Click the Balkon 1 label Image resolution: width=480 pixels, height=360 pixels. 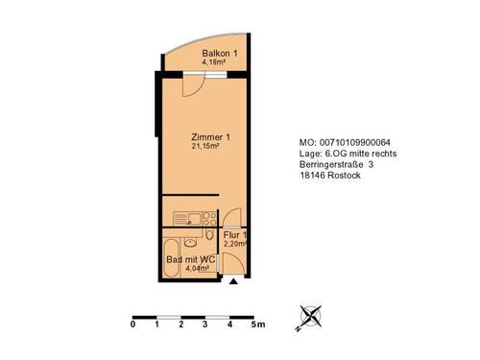(x=220, y=53)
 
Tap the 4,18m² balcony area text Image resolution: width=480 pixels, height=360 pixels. (x=215, y=62)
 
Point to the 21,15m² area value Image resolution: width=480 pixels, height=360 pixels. (x=206, y=147)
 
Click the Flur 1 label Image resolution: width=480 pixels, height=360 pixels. (x=235, y=234)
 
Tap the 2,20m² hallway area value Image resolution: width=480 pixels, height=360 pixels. (x=234, y=244)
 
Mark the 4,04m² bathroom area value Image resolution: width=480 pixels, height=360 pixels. (x=197, y=270)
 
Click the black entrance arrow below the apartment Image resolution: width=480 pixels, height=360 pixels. (x=233, y=282)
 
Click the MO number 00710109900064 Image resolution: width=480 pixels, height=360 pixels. (x=355, y=141)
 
